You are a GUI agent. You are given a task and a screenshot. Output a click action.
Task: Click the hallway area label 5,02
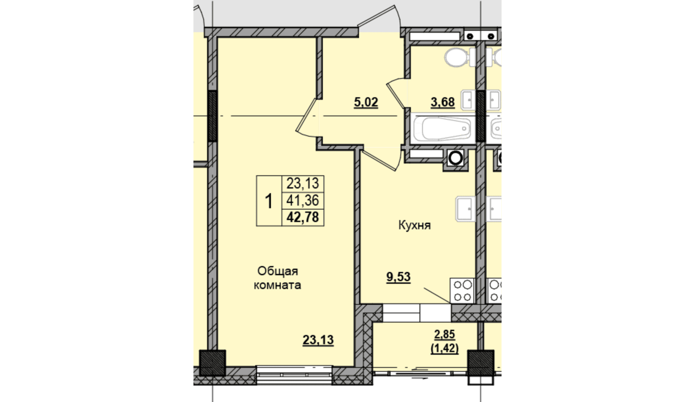click(366, 102)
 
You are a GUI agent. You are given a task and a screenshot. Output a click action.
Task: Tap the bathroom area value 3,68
click(443, 102)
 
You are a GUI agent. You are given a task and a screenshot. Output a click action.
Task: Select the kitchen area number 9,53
click(398, 277)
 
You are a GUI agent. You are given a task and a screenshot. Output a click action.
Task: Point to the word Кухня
click(414, 225)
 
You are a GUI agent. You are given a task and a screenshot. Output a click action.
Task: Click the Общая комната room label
click(277, 278)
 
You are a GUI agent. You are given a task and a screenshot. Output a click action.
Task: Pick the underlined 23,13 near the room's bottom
click(318, 340)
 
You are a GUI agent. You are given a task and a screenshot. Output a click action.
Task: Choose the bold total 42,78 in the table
click(303, 217)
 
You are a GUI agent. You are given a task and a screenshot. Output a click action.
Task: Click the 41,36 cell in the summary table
click(303, 200)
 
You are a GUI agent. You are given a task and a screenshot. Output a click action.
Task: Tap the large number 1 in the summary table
click(269, 201)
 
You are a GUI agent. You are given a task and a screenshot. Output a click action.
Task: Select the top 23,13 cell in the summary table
click(303, 184)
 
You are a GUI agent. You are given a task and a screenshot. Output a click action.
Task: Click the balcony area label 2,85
click(445, 334)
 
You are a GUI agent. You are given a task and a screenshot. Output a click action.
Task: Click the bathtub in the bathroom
click(443, 128)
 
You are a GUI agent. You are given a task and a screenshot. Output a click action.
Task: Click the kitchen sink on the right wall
click(465, 209)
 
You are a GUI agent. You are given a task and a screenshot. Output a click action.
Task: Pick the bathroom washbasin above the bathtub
click(468, 100)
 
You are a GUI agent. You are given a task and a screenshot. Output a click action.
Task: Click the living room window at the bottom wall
click(294, 375)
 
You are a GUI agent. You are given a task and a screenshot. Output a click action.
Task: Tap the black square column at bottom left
click(212, 363)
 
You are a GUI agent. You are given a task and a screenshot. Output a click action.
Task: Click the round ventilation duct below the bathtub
click(456, 158)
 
